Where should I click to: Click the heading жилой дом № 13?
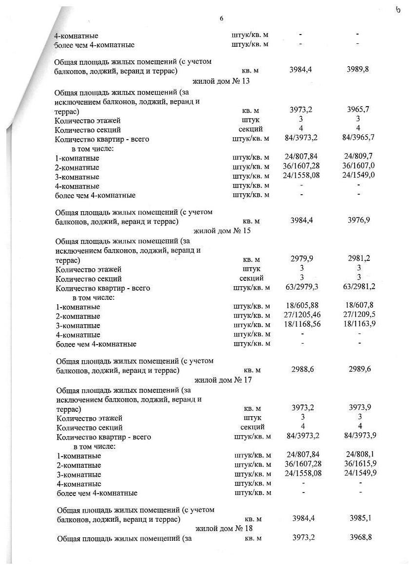[x=222, y=81]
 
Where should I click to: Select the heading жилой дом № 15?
[x=223, y=230]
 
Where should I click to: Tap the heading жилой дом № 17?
[x=224, y=379]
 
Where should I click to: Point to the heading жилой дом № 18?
[x=224, y=528]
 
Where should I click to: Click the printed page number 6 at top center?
[x=222, y=18]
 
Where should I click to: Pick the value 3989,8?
[x=358, y=70]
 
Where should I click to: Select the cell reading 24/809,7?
[x=358, y=158]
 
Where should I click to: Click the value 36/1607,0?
[x=358, y=167]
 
